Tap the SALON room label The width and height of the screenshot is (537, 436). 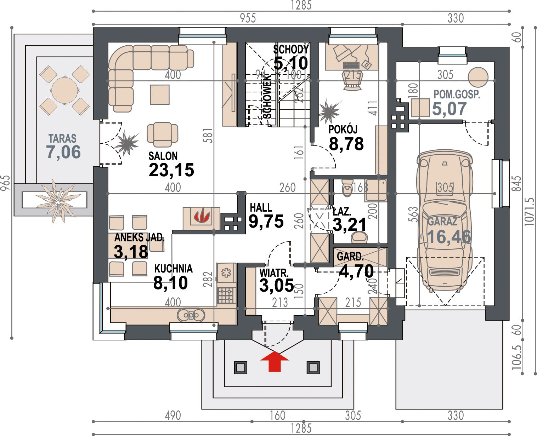click(163, 156)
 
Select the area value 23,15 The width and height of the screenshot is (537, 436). click(171, 170)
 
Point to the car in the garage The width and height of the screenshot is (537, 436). click(444, 221)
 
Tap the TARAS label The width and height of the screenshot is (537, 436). click(62, 139)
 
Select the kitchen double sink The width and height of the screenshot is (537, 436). click(191, 315)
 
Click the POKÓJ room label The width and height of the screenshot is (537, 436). click(343, 130)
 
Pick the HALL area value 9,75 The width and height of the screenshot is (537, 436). click(266, 222)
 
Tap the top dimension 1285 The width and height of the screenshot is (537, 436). click(301, 5)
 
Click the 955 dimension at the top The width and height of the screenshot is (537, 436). click(248, 18)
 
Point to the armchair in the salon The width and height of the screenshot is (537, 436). click(163, 134)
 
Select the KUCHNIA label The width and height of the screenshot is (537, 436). click(174, 269)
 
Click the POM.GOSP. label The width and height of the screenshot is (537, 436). click(457, 94)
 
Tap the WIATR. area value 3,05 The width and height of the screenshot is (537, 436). click(277, 285)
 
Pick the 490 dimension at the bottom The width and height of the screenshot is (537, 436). click(173, 415)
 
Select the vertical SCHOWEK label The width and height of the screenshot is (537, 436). click(267, 97)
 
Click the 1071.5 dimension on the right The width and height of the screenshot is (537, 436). click(529, 212)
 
